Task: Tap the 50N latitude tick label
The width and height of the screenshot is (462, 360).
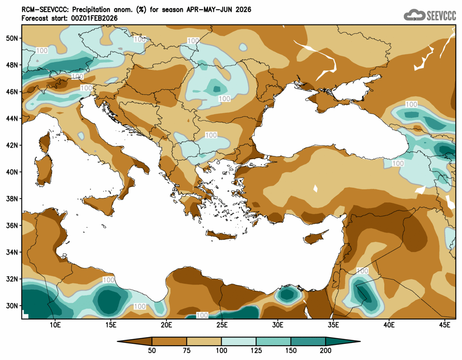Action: [x=13, y=38]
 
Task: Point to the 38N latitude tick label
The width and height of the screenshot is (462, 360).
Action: [x=13, y=199]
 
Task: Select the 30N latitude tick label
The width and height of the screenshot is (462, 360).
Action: [x=13, y=306]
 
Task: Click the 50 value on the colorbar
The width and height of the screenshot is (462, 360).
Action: [x=152, y=350]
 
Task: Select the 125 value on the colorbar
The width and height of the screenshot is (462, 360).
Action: [x=256, y=350]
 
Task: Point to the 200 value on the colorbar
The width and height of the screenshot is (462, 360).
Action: [x=326, y=350]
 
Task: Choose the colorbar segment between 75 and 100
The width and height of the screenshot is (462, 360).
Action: [x=204, y=341]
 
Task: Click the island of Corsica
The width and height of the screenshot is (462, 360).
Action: [x=44, y=142]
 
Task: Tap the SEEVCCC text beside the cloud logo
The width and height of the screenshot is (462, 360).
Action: [x=441, y=15]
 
